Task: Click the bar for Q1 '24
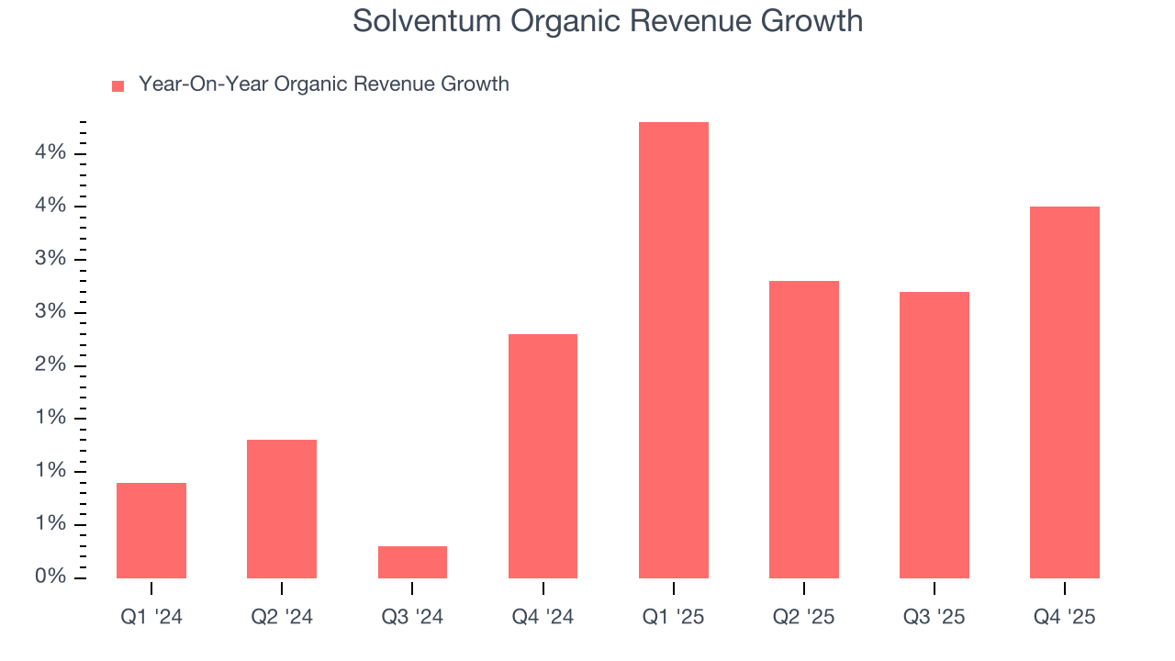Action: [x=151, y=531]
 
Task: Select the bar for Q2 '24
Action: [x=282, y=510]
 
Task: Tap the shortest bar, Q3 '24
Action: [x=412, y=562]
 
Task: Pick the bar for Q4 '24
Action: [x=543, y=456]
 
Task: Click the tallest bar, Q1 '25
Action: [x=673, y=351]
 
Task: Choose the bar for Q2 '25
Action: [x=804, y=430]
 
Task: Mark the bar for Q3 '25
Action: [x=934, y=435]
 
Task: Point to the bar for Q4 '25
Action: [x=1065, y=393]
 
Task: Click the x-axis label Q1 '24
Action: [x=151, y=617]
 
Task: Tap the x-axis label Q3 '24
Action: [x=412, y=617]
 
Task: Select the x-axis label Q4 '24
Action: [x=543, y=617]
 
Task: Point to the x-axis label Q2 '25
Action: [x=804, y=617]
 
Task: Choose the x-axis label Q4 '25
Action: [x=1065, y=617]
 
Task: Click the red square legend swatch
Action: [x=117, y=86]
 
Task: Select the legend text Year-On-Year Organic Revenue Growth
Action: [x=323, y=84]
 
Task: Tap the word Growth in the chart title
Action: [x=812, y=21]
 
